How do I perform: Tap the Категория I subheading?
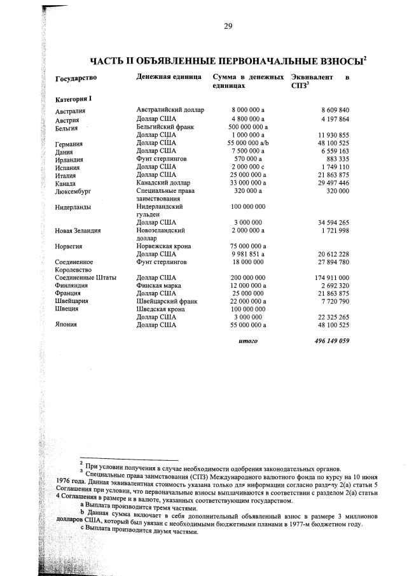pyautogui.click(x=74, y=99)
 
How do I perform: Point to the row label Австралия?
pyautogui.click(x=71, y=112)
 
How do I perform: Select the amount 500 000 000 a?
pyautogui.click(x=247, y=127)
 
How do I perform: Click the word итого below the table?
pyautogui.click(x=247, y=341)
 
